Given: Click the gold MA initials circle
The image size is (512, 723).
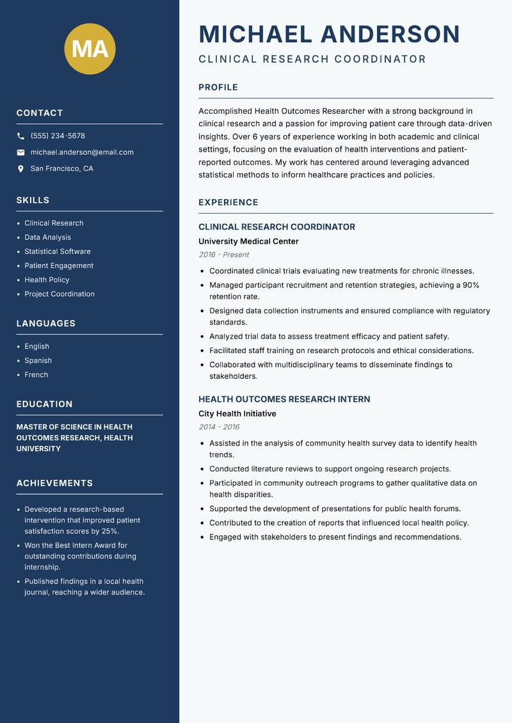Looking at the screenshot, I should pyautogui.click(x=90, y=49).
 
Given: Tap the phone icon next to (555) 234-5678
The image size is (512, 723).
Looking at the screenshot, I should pyautogui.click(x=20, y=136).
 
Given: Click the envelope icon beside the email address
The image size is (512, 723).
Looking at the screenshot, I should pyautogui.click(x=20, y=152).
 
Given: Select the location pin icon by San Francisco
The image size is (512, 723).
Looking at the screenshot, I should pyautogui.click(x=20, y=169).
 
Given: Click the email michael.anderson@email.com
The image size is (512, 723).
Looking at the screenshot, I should pyautogui.click(x=82, y=152).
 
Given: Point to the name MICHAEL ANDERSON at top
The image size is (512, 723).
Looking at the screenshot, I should pyautogui.click(x=329, y=34).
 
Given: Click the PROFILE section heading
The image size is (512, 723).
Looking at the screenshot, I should pyautogui.click(x=218, y=87).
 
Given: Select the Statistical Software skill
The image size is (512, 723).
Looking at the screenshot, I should pyautogui.click(x=58, y=251).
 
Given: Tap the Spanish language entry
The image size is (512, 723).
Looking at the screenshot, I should pyautogui.click(x=38, y=360).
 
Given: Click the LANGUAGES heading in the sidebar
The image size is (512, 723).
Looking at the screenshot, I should pyautogui.click(x=46, y=324).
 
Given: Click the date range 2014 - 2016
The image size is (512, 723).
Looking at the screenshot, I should pyautogui.click(x=219, y=427).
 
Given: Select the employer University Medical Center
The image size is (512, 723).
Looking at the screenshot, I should pyautogui.click(x=248, y=241).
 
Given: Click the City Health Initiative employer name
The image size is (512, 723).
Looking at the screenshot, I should pyautogui.click(x=237, y=413).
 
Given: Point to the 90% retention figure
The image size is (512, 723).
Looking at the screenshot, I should pyautogui.click(x=471, y=285).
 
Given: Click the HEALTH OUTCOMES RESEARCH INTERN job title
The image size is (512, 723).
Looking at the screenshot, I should pyautogui.click(x=284, y=399).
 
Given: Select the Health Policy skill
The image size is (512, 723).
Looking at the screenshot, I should pyautogui.click(x=47, y=280).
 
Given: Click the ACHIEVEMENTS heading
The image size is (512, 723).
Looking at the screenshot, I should pyautogui.click(x=54, y=483).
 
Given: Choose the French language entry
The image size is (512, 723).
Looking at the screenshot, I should pyautogui.click(x=36, y=374).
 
